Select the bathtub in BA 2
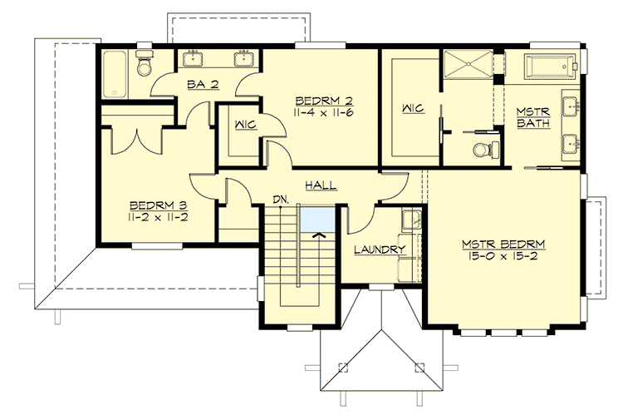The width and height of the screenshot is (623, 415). click(115, 74)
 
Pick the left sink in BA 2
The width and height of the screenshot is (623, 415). click(193, 58)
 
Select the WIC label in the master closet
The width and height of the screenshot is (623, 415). click(412, 109)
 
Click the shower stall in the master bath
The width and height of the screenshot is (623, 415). click(467, 66)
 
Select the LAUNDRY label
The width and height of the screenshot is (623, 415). click(379, 249)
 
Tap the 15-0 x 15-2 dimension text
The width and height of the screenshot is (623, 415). click(505, 258)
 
